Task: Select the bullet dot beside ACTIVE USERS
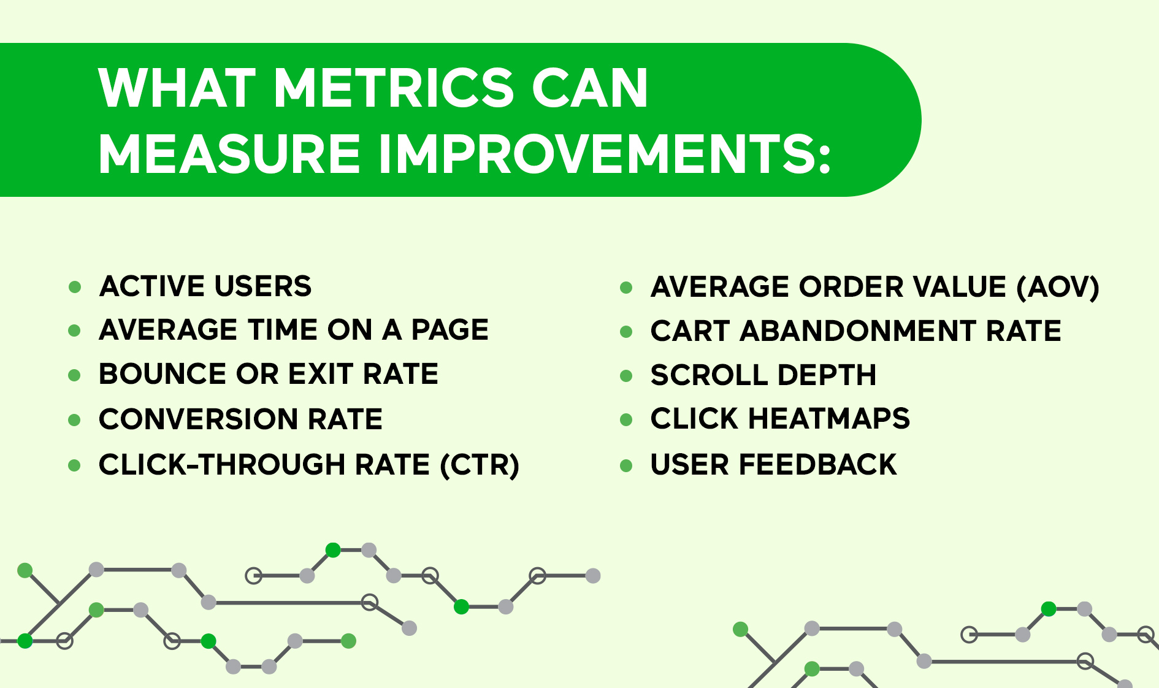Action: coord(75,287)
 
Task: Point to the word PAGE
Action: coord(449,330)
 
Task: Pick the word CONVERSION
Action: coord(198,419)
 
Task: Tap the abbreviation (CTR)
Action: coord(480,465)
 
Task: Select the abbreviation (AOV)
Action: coord(1058,288)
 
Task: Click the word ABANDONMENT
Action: coord(858,331)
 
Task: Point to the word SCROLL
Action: coord(706,375)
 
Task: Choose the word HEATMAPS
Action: coord(828,419)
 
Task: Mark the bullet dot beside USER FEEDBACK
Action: coord(626,465)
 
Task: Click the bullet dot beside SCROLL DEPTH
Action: coord(626,376)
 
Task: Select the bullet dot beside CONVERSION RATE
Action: coord(75,420)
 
